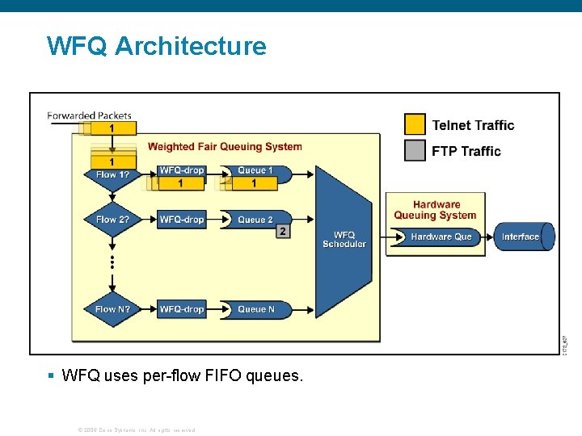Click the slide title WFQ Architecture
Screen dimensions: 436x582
156,46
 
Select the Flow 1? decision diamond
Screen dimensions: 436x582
112,174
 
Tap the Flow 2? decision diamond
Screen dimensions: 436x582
112,220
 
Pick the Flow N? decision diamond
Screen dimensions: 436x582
112,309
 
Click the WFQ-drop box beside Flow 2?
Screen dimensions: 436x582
182,220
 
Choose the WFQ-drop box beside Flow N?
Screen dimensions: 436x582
182,309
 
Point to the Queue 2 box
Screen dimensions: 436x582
255,220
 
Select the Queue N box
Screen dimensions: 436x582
255,309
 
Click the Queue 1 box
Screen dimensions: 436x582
255,170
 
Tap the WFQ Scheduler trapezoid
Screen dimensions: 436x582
344,240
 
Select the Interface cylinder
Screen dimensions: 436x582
523,237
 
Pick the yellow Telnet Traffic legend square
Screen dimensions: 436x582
415,124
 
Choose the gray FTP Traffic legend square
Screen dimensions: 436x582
415,151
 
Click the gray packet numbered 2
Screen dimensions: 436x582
282,231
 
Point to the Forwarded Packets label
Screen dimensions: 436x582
89,115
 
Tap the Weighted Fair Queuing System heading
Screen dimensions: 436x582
225,147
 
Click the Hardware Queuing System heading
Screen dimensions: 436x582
435,210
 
